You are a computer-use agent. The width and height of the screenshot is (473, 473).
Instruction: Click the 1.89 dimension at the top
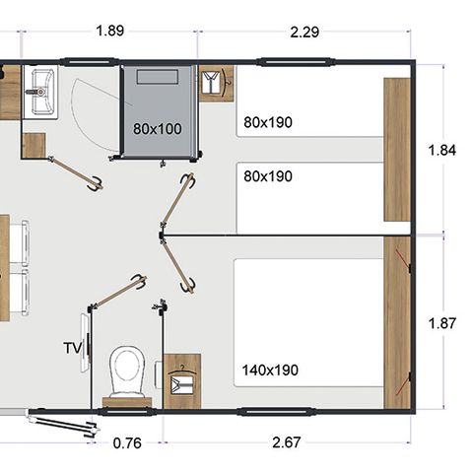109,31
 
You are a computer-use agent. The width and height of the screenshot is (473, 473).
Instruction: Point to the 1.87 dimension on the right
443,322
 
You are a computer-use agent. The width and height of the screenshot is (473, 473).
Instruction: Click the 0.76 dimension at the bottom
127,443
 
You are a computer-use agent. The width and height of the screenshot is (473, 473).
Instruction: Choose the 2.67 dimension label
286,443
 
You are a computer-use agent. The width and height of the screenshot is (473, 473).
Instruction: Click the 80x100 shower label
157,128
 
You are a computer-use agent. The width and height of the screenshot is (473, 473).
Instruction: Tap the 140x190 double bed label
271,372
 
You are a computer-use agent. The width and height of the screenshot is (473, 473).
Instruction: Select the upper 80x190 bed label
268,123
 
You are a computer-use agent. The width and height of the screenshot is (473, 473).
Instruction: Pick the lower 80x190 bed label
268,177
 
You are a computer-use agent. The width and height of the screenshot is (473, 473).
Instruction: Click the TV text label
72,348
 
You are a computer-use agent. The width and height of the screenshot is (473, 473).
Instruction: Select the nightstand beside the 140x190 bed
181,380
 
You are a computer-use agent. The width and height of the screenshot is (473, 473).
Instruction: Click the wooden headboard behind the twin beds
396,150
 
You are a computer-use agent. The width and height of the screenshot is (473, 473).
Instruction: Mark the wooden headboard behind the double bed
396,323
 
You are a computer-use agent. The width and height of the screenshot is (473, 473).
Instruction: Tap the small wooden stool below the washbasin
34,145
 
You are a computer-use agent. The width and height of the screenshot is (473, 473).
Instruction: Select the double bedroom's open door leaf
177,263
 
